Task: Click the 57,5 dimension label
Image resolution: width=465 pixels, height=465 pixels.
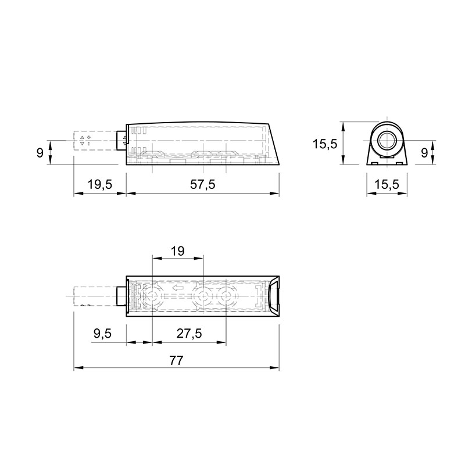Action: pos(202,184)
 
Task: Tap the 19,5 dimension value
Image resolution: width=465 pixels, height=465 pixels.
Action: pos(100,184)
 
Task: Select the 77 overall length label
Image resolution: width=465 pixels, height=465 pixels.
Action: pos(177,360)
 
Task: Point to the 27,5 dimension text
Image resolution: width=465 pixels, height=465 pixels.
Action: pos(189,334)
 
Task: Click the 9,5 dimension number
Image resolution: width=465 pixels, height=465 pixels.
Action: pos(103,334)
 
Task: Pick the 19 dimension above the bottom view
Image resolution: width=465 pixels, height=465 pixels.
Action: pos(178,251)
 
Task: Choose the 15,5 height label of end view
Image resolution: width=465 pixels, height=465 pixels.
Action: pos(325,144)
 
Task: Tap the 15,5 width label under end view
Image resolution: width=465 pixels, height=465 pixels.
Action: pos(387,184)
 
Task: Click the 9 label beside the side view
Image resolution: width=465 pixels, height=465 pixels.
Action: pos(40,153)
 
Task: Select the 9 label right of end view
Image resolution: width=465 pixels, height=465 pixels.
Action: pos(425,153)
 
